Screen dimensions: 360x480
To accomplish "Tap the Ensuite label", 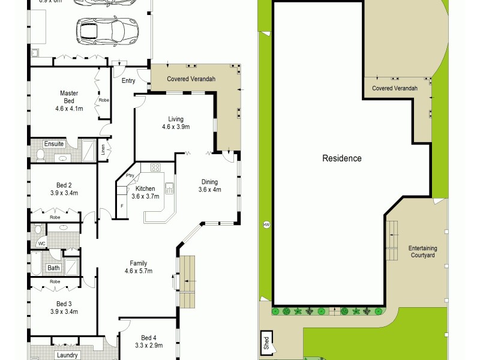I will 53,144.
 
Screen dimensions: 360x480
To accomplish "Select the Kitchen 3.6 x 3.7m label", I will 146,192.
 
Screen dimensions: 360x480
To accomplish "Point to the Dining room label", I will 209,186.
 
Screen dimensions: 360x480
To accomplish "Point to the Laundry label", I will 67,355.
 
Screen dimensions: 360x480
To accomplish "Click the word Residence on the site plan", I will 342,158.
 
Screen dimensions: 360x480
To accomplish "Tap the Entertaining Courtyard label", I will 423,251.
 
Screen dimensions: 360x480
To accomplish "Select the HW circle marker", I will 266,225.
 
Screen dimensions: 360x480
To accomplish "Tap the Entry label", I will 128,80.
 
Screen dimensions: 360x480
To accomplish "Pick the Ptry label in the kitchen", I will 130,175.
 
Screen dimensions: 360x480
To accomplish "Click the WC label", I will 41,244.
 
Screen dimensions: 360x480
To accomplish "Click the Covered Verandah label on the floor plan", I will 191,79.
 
